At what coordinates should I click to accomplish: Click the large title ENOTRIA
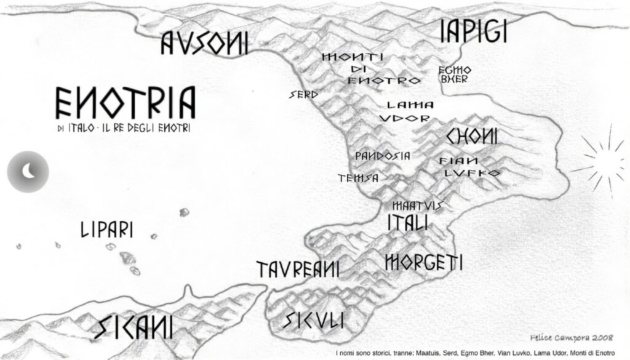coord(126,102)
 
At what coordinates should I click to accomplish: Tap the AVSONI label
coord(204,43)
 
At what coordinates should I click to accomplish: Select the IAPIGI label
coord(473,32)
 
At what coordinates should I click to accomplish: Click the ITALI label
coord(407,223)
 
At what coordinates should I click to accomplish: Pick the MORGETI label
coord(423,262)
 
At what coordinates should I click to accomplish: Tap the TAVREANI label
coord(298,269)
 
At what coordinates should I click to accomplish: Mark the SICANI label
coord(134,327)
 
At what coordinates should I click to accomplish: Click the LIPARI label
coord(107,231)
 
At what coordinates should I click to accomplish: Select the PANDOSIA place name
coord(382,156)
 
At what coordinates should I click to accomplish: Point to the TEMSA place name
coord(357,178)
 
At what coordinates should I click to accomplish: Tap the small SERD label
coord(304,95)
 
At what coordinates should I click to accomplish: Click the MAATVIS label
coord(417,205)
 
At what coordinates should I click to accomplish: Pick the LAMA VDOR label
coord(406,111)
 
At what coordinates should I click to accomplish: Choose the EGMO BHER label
coord(455,74)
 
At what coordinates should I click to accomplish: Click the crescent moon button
coord(28,170)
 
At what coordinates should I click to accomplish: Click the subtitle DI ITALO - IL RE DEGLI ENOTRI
coord(122,127)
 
